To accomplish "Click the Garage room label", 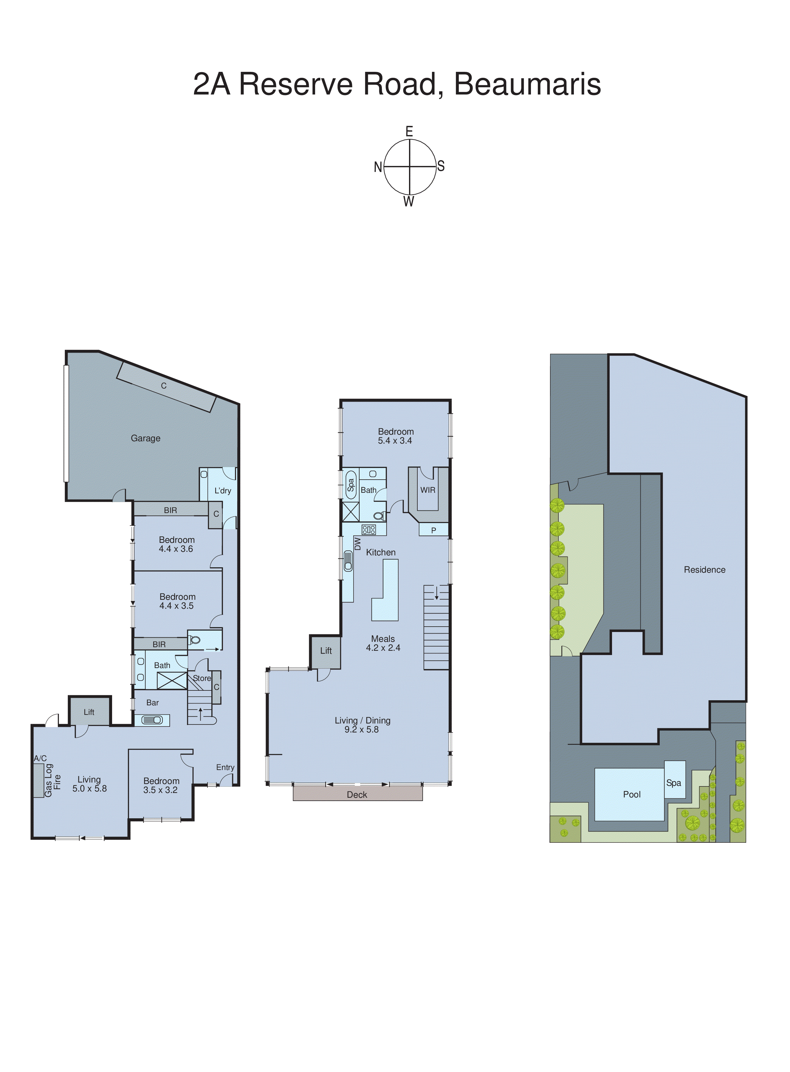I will (145, 439).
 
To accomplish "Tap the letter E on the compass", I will (409, 131).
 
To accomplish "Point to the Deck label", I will (357, 795).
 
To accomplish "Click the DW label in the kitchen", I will (357, 544).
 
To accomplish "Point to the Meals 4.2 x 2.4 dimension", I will (383, 648).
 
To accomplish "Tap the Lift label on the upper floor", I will (326, 651).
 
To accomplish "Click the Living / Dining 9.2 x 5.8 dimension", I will (362, 730).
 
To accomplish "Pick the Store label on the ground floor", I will (202, 678).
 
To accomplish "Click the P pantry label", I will (433, 530).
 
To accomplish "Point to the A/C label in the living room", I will (40, 758).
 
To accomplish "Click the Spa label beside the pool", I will (673, 783).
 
